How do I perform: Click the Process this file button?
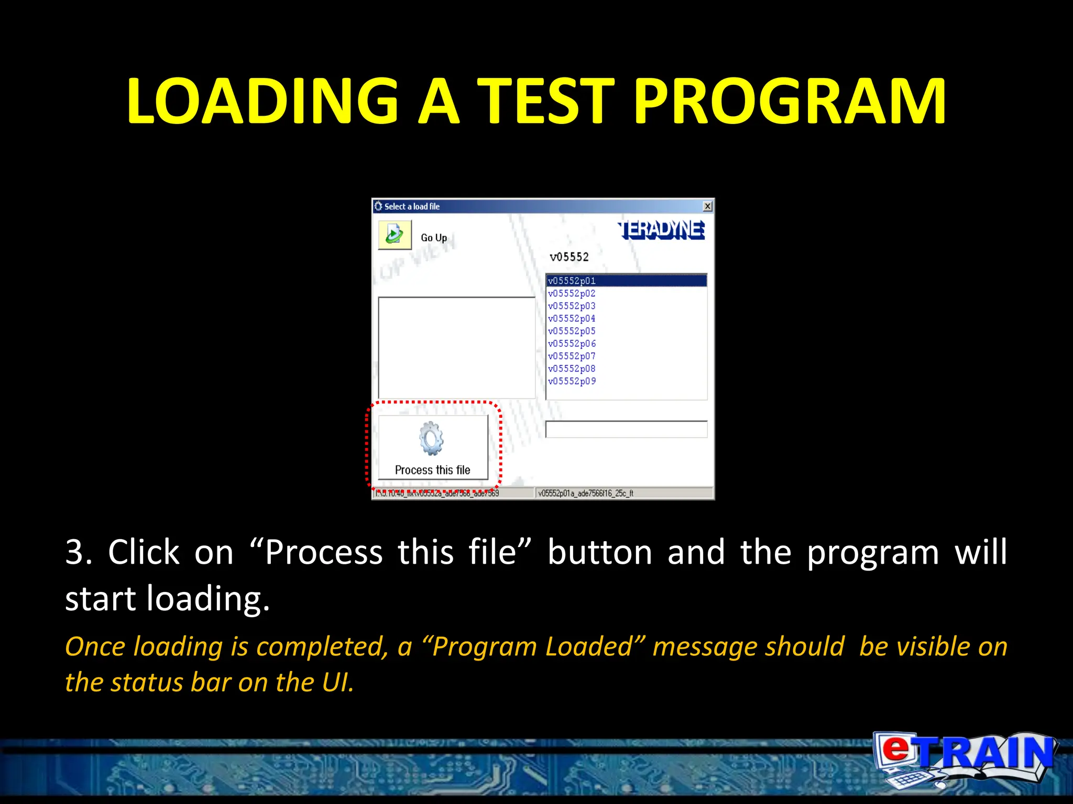tap(433, 448)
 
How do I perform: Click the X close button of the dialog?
tap(707, 206)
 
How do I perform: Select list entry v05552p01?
tap(572, 281)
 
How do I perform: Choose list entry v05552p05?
tap(572, 331)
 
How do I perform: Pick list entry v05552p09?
tap(572, 382)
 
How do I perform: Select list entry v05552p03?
tap(572, 306)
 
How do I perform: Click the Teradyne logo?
tap(662, 230)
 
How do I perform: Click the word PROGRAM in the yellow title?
tap(790, 101)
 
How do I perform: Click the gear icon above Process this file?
tap(431, 439)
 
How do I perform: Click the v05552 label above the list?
tap(569, 257)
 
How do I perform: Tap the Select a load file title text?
tap(412, 207)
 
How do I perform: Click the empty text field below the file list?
tap(626, 429)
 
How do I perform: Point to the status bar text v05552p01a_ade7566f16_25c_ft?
tap(586, 493)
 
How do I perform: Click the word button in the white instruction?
tap(599, 552)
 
